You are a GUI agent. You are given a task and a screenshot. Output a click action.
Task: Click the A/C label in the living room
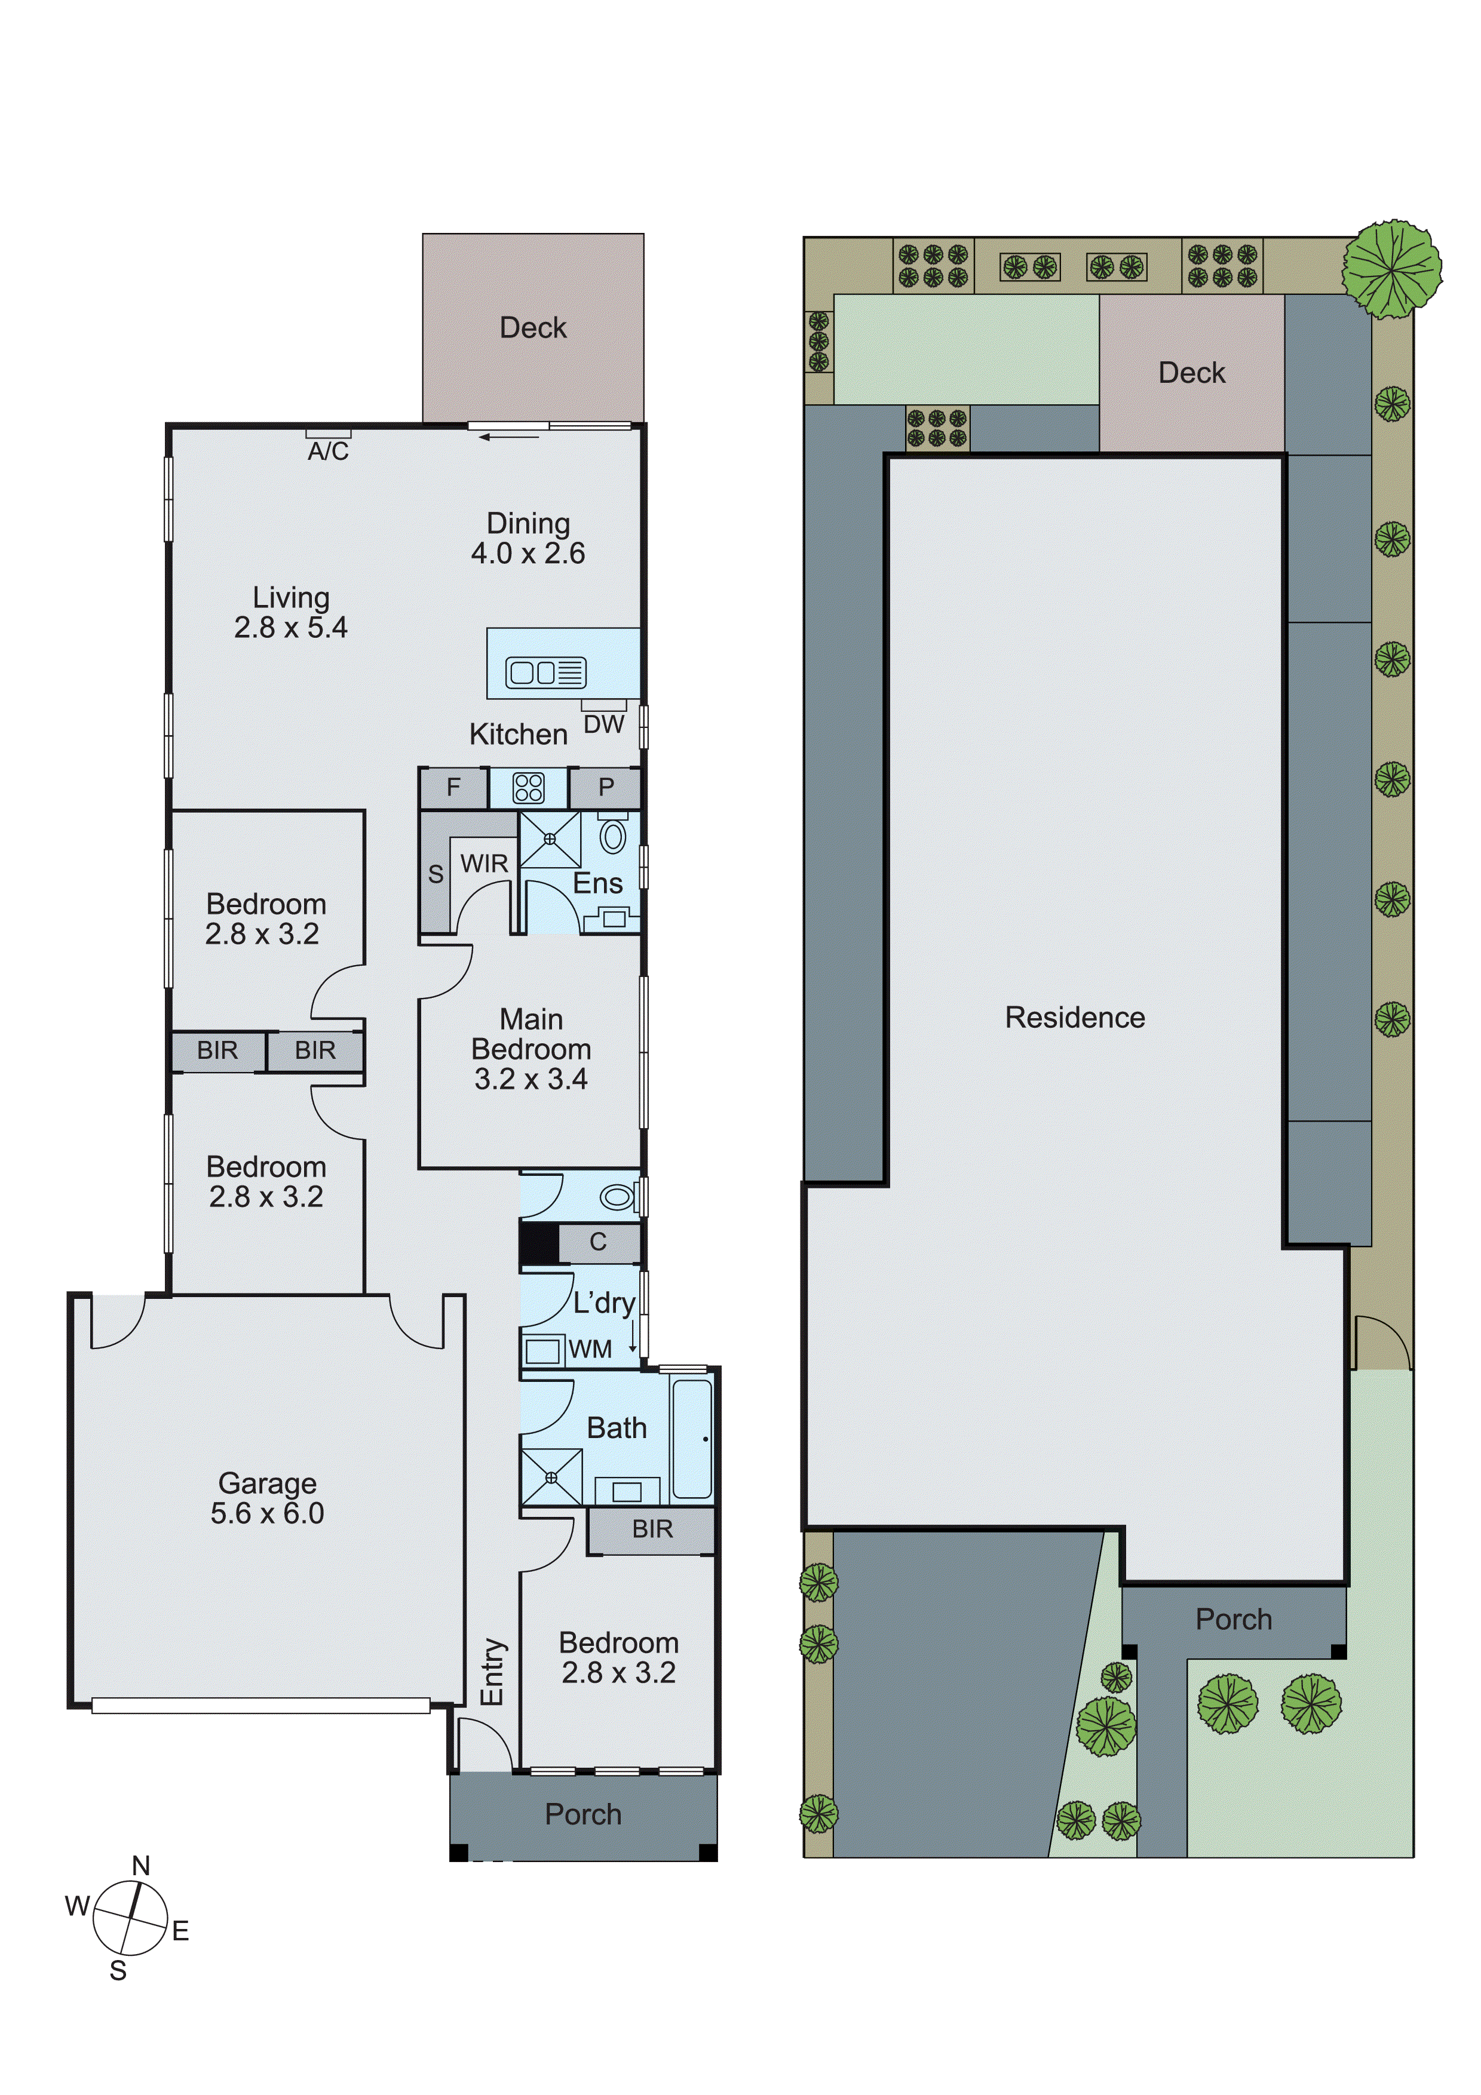tap(327, 451)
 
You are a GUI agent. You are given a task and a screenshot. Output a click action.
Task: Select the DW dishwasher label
tap(603, 724)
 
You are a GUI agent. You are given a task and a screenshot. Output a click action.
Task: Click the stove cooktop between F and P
tap(528, 788)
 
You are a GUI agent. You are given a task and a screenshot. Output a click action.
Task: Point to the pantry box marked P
tap(606, 788)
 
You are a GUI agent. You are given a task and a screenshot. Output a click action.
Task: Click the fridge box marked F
tap(453, 788)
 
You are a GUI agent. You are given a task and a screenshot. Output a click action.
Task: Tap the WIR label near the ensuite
tap(484, 863)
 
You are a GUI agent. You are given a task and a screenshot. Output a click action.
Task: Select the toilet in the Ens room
tap(613, 836)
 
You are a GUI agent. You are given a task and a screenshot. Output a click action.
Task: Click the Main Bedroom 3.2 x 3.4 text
tap(531, 1049)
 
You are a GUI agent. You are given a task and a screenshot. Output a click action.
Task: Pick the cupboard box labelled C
tap(597, 1242)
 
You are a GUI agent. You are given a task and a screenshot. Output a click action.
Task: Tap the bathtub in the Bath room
tap(692, 1440)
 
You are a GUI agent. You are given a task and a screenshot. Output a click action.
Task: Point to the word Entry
tap(493, 1672)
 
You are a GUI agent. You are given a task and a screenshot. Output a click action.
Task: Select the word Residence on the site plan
tap(1074, 1018)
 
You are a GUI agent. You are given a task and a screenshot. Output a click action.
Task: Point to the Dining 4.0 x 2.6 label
tap(528, 537)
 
